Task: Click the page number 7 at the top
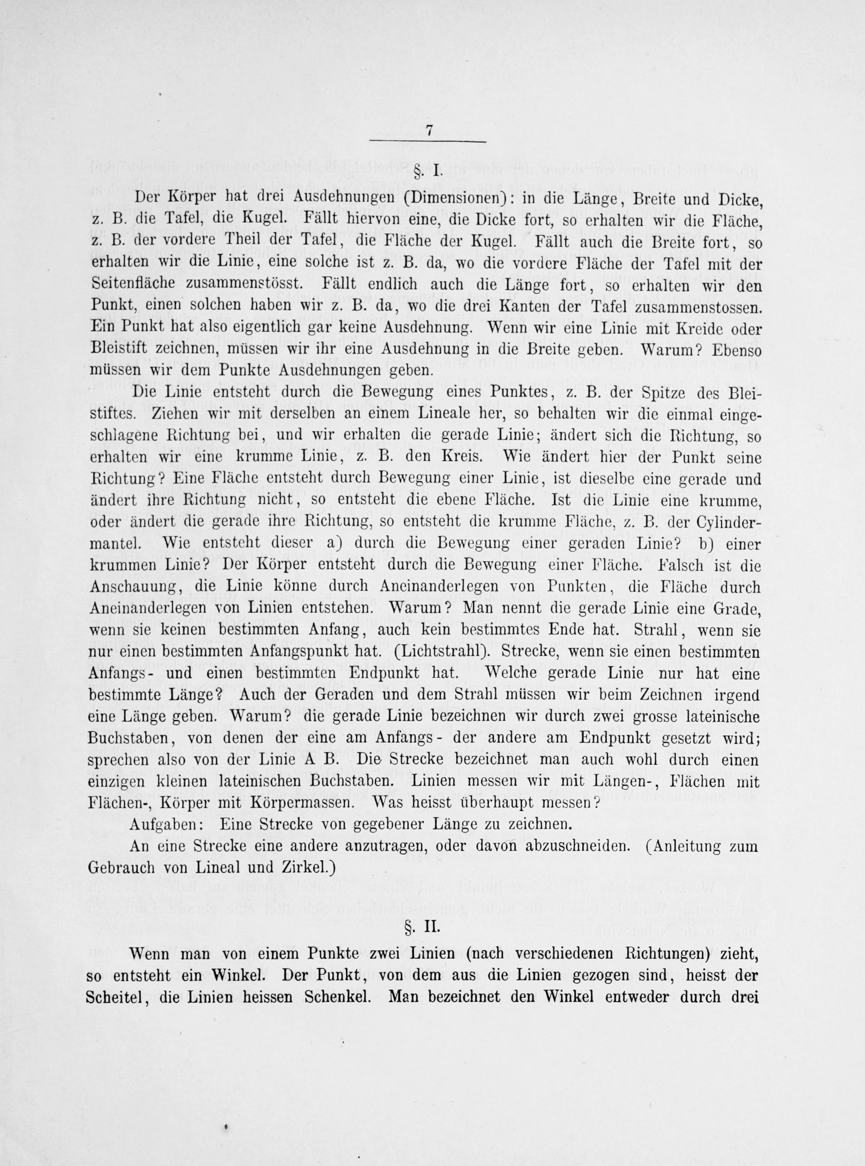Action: [429, 131]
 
